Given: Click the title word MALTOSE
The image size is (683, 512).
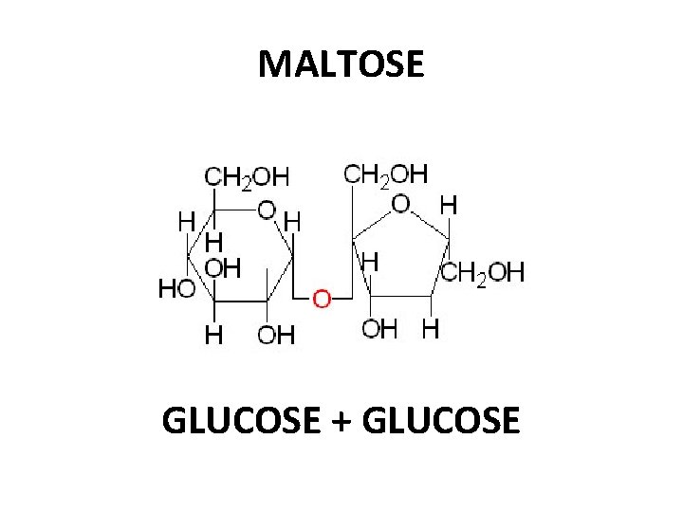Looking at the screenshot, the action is [x=341, y=64].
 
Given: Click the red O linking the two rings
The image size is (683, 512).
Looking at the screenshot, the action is [x=322, y=300].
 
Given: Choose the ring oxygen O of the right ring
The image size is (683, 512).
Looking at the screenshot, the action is [x=401, y=203].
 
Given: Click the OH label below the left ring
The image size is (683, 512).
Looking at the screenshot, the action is [x=276, y=334].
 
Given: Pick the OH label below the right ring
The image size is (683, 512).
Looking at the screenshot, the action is [x=380, y=329].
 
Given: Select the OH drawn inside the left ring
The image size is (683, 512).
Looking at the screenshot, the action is [x=223, y=268].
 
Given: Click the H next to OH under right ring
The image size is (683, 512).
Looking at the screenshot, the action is [x=431, y=329].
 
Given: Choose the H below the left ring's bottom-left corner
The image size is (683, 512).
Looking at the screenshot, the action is [x=215, y=334].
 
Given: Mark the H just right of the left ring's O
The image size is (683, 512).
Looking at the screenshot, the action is [x=294, y=221].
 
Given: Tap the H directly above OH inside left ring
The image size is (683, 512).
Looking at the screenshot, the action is [x=215, y=243].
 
